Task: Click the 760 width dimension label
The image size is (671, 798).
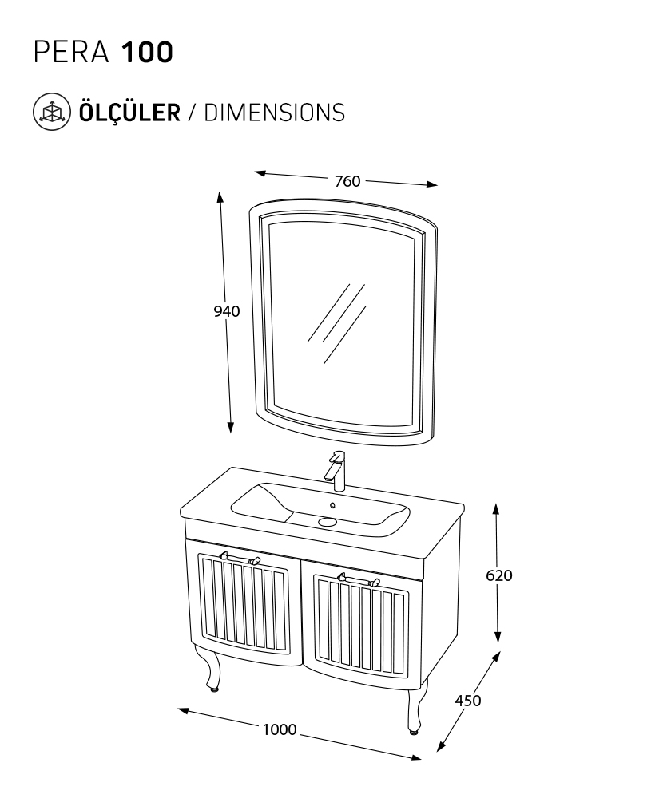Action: pos(347,180)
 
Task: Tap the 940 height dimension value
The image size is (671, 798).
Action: pos(226,311)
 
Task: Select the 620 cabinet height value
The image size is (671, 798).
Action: pos(498,575)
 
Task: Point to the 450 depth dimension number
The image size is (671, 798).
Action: pos(467,701)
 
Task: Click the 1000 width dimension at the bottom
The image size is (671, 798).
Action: pos(280,729)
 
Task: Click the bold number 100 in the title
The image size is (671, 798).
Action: pos(146,53)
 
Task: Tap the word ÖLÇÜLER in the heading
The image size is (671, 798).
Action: pos(129,112)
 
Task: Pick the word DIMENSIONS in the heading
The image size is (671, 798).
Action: pos(274,112)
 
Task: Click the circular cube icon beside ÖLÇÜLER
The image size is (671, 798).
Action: pos(50,112)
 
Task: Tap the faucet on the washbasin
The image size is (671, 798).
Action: pos(336,470)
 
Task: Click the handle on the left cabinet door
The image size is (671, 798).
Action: pos(240,558)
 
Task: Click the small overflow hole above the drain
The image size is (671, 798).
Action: pos(332,506)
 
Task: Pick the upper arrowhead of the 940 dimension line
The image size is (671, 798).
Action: pos(220,196)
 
